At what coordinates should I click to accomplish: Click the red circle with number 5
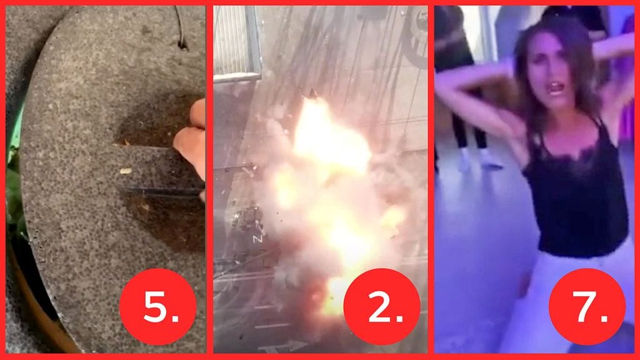pos(157,306)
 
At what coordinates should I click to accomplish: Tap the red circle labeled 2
pos(381,306)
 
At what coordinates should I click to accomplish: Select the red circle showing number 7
pos(587,306)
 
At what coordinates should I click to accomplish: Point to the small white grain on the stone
pos(126,170)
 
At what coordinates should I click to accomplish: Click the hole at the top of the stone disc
pos(182,42)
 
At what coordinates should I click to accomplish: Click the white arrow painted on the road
pos(281,346)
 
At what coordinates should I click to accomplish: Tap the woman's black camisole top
pos(575,200)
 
